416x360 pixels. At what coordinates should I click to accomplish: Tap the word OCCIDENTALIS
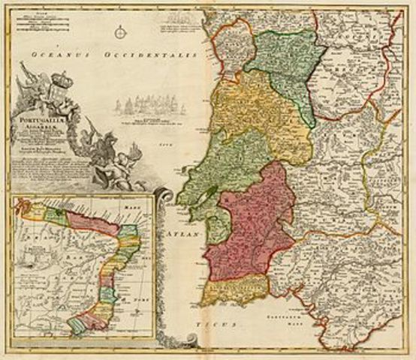point(151,55)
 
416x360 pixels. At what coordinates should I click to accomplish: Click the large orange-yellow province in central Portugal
point(259,112)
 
